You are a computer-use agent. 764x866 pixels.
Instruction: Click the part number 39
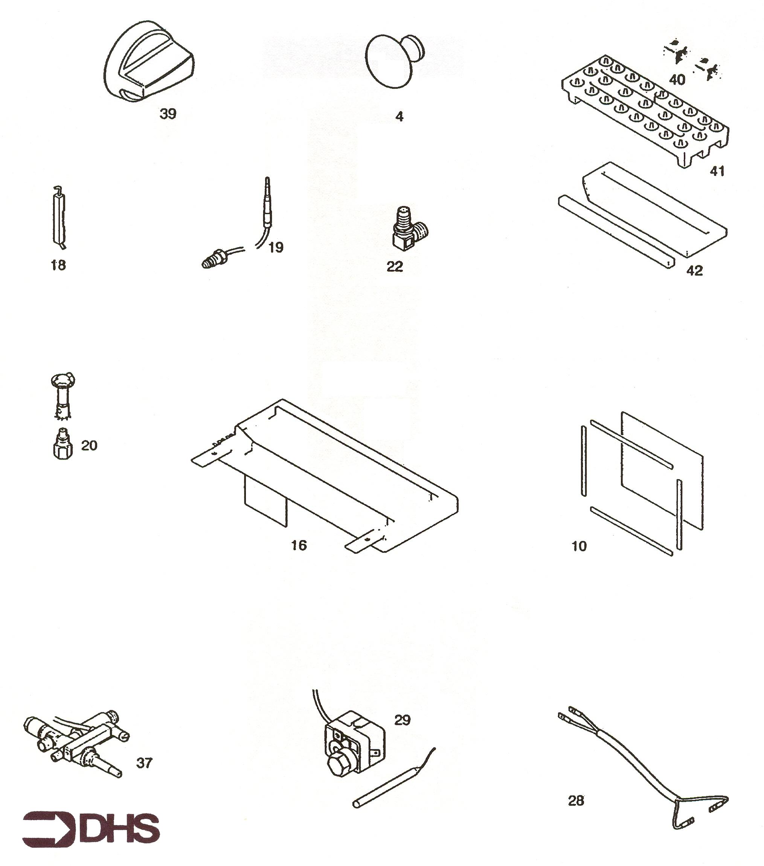168,114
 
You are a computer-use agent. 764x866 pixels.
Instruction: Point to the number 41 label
717,171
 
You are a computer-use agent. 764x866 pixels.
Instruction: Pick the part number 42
694,270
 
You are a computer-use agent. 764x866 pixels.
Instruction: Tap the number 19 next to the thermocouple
276,247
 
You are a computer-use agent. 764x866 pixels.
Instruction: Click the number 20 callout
89,445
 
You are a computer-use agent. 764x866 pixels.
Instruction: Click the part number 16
299,545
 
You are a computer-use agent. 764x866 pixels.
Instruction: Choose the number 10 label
579,546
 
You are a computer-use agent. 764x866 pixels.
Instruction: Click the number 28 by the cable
576,801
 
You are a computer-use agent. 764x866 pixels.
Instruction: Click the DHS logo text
120,829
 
